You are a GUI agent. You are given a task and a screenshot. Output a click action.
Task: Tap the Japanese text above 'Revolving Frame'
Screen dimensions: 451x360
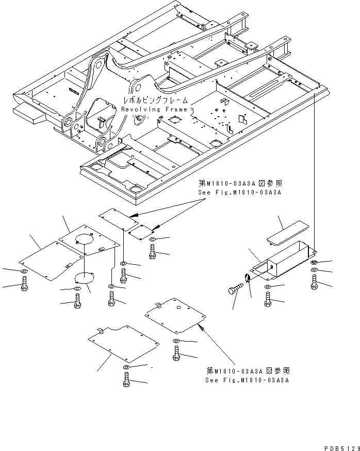[153, 101]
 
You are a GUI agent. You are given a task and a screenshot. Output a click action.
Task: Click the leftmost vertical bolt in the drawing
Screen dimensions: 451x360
[24, 284]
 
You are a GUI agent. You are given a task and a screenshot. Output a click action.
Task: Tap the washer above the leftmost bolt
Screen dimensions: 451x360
[24, 271]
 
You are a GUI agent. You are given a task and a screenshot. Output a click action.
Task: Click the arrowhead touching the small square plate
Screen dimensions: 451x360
[154, 227]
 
